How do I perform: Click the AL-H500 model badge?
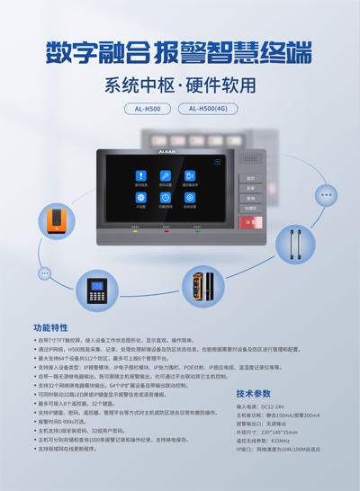(x=148, y=109)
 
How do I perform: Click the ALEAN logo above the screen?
(x=167, y=154)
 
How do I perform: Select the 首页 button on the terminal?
(x=251, y=178)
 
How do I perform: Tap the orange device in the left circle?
(x=56, y=221)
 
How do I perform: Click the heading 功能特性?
(x=51, y=327)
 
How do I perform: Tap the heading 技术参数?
(x=254, y=394)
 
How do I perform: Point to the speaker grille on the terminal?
(x=251, y=159)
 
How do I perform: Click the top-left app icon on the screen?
(x=140, y=176)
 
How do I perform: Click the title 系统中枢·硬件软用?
(x=180, y=86)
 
